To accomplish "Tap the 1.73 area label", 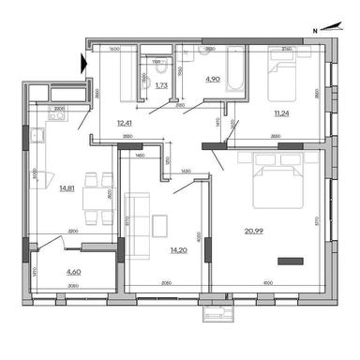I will (160, 85).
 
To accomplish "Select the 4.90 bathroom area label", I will (213, 81).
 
